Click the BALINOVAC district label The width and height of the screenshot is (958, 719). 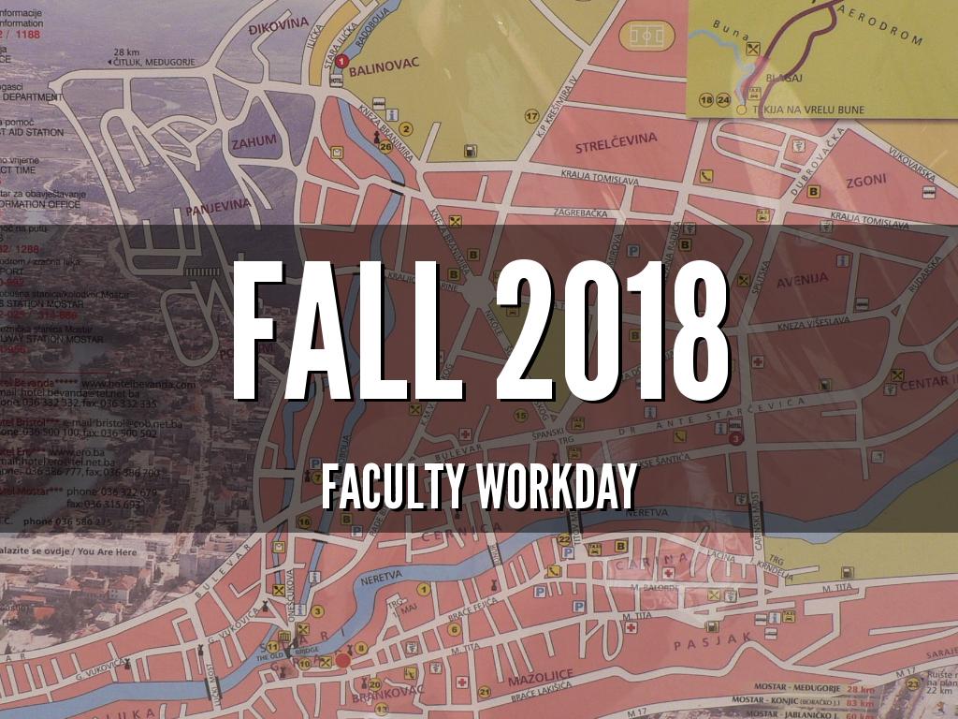tap(385, 64)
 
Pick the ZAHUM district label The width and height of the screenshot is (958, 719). tap(254, 142)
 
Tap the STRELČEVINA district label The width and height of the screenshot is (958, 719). tap(616, 139)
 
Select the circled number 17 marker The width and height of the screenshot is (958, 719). tap(531, 117)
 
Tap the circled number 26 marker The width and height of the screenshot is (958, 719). tap(386, 147)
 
